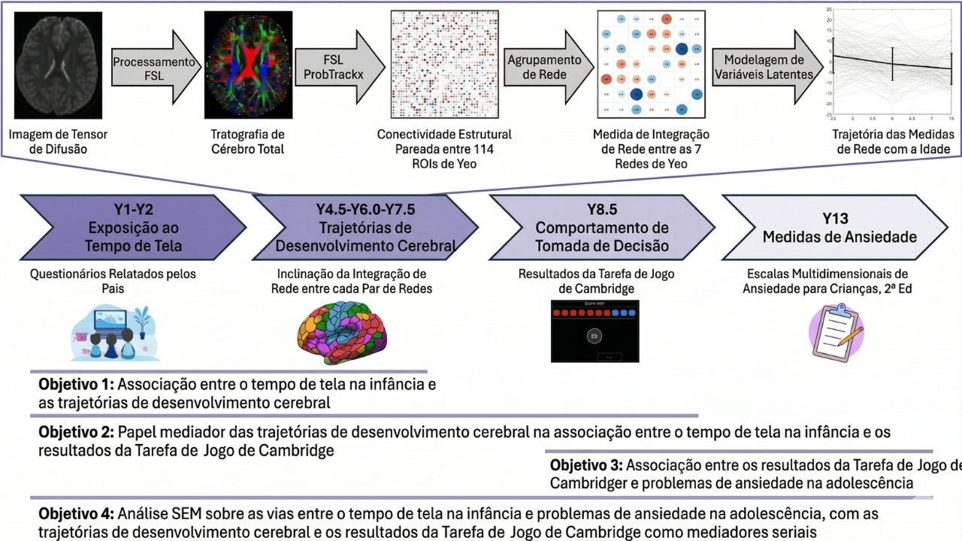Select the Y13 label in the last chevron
click(834, 219)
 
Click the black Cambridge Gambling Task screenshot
click(594, 331)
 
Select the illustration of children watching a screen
click(113, 331)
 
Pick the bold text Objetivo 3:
click(586, 464)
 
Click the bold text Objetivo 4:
click(76, 514)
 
